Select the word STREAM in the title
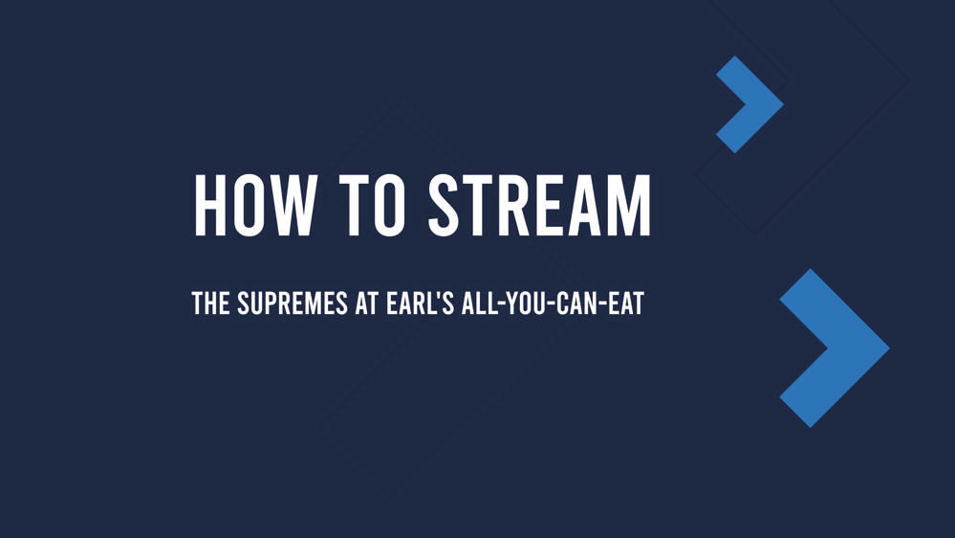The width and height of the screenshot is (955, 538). [539, 205]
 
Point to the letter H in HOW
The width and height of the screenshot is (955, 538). [211, 205]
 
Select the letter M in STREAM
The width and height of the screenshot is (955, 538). [629, 205]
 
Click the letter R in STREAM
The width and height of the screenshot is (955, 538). [517, 205]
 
